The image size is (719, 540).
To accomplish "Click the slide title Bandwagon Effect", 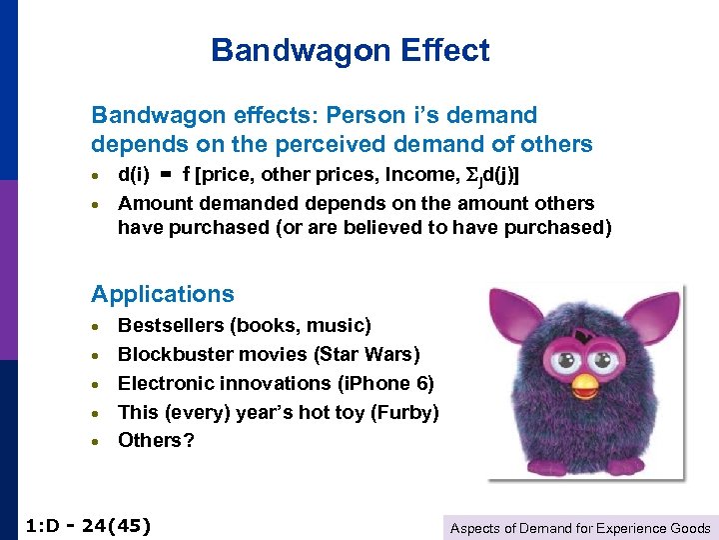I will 351,50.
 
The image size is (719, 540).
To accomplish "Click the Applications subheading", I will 163,294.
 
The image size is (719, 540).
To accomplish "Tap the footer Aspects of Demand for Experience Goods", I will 580,528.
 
